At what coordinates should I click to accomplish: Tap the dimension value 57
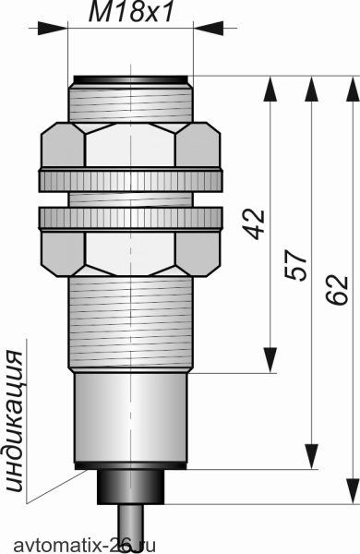295,266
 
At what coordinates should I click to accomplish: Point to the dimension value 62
337,290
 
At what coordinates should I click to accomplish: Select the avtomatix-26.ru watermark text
84,545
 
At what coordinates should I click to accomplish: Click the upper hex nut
131,145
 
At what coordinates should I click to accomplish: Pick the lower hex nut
131,253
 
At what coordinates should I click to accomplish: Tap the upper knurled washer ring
131,180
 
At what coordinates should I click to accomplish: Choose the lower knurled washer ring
131,219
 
